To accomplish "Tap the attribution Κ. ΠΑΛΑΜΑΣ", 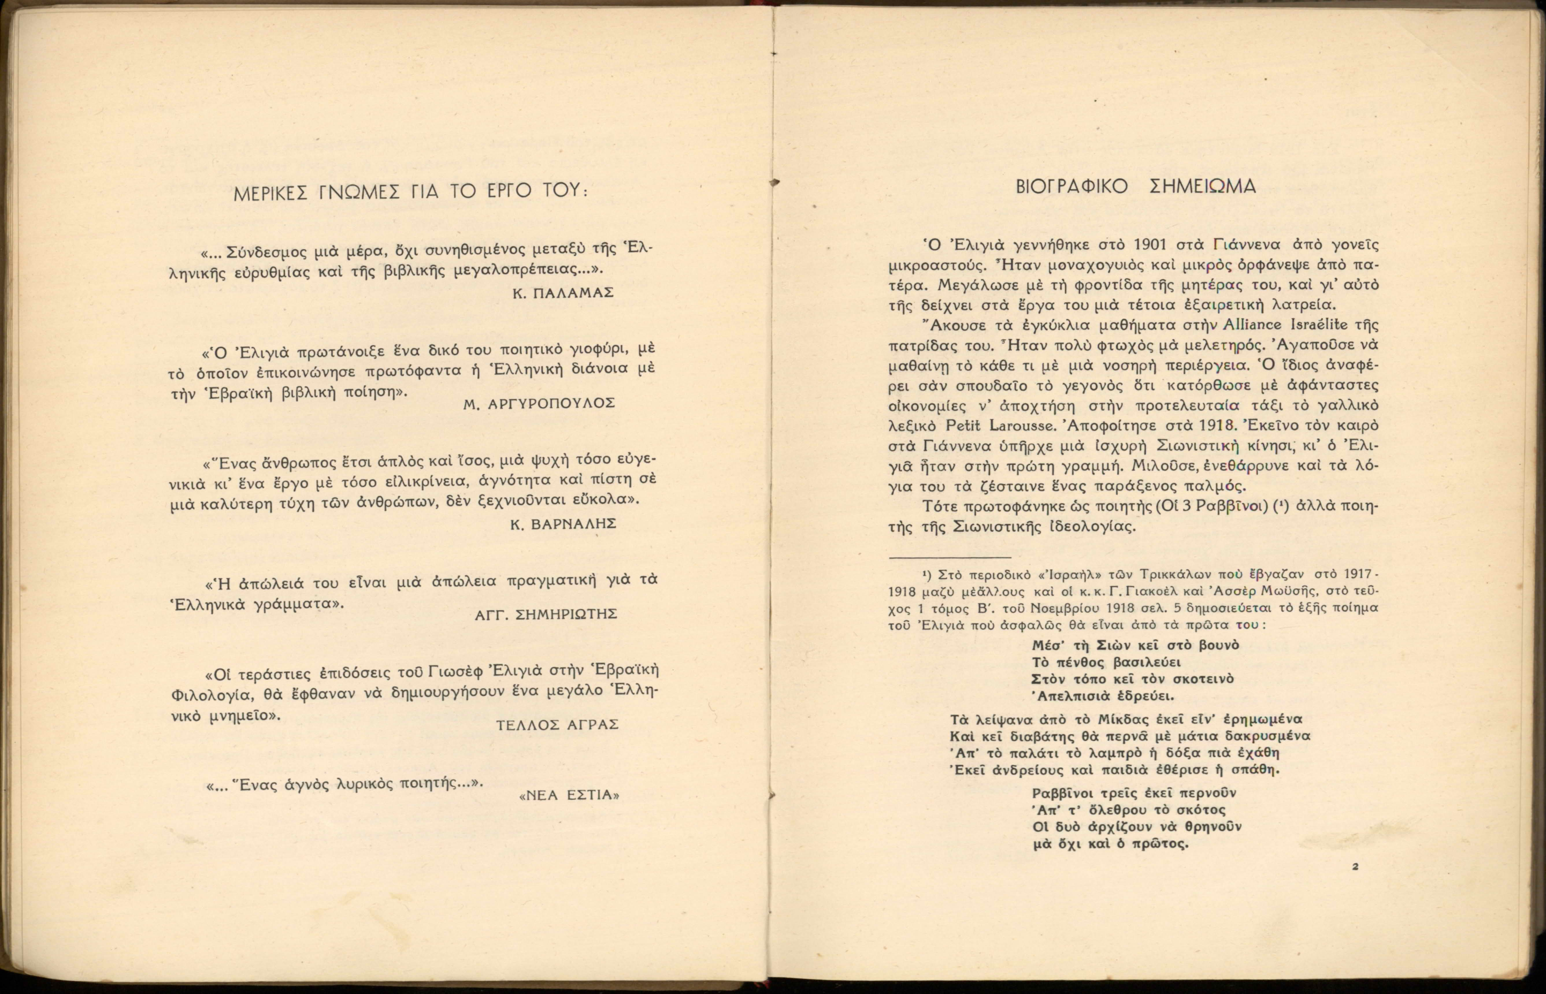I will [x=562, y=292].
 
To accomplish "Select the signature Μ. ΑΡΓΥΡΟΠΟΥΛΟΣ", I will [x=539, y=403].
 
